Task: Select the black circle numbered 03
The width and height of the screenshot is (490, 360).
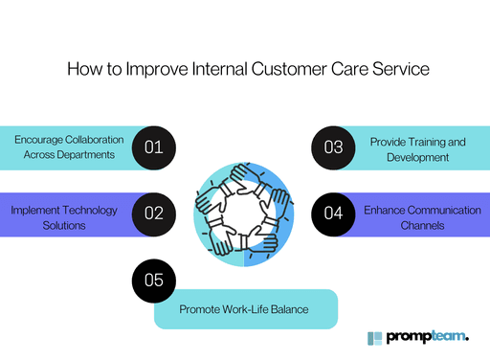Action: point(333,147)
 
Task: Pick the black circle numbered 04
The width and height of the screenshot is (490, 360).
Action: point(333,214)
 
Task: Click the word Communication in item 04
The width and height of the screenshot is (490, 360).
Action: point(428,210)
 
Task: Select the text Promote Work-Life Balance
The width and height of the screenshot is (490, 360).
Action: point(244,309)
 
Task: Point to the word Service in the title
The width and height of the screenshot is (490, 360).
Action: point(395,70)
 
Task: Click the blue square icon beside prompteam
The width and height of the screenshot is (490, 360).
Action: point(375,338)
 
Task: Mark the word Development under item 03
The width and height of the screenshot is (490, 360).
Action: point(418,157)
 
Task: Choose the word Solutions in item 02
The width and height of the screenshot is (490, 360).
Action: point(59,225)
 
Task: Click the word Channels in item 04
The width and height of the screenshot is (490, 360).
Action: point(417,225)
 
